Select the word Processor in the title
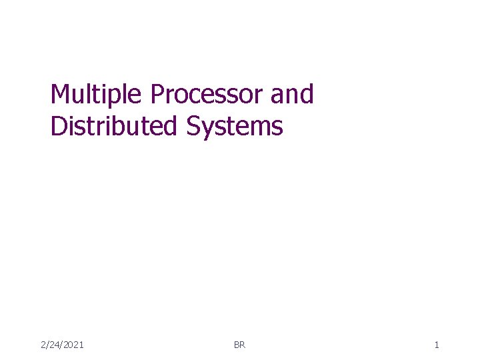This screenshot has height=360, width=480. tap(207, 95)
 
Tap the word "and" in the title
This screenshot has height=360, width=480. tap(292, 95)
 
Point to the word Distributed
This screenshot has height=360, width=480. tap(114, 125)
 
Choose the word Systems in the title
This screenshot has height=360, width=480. tap(235, 126)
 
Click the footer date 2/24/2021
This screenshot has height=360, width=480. tap(62, 345)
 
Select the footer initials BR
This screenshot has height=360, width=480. tap(239, 345)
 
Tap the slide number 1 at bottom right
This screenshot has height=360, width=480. tap(436, 345)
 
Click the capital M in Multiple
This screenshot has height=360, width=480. tap(61, 95)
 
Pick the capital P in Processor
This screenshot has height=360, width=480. tap(157, 95)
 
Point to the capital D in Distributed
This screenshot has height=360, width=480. tap(59, 125)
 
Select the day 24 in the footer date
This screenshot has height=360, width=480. tap(53, 345)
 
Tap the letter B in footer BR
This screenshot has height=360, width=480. tap(237, 345)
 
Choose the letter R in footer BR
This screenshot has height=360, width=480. tap(243, 345)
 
